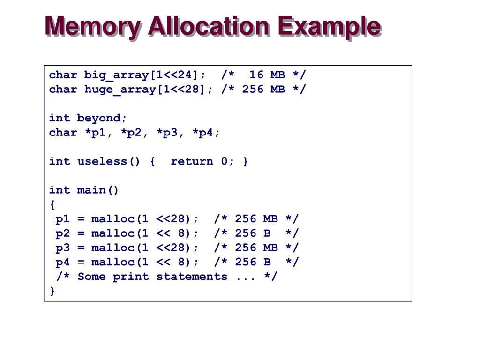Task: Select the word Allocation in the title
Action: coord(209,26)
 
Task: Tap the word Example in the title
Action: coord(330,27)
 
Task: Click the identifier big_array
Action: coord(117,75)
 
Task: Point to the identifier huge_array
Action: coord(120,90)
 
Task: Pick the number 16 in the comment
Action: coord(256,75)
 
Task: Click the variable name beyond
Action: coord(99,118)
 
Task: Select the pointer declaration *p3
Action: coord(167,133)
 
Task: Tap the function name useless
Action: coord(102,161)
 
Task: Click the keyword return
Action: coord(192,161)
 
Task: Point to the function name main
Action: coord(91,190)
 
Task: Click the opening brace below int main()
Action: coord(52,205)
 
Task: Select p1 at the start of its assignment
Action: coord(63,219)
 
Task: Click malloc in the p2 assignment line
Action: coord(113,233)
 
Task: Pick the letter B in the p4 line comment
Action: coord(267,262)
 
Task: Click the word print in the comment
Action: coord(131,277)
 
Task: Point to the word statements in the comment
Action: coord(192,277)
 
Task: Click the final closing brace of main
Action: coord(52,291)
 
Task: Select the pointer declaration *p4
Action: coord(202,133)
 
